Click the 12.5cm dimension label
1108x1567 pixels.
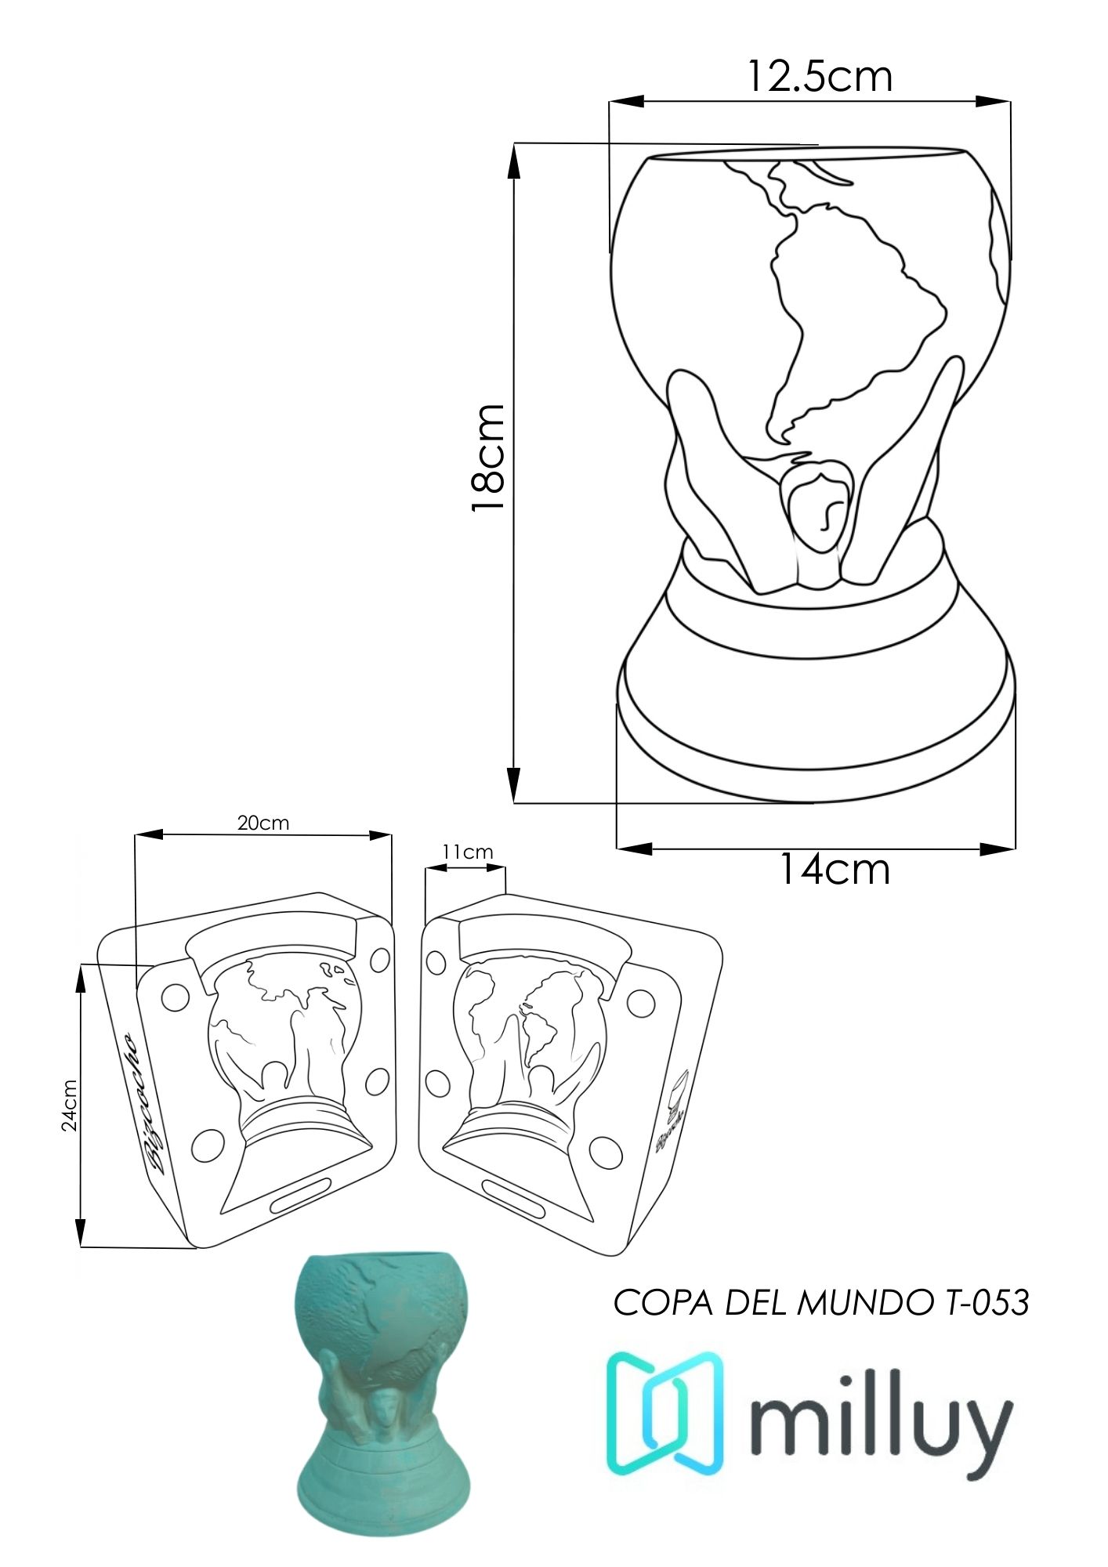[x=819, y=76]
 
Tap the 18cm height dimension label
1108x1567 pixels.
[x=487, y=458]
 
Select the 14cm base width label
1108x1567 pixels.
[x=835, y=869]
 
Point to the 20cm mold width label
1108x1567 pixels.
[x=263, y=823]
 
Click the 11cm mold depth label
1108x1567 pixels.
[x=468, y=852]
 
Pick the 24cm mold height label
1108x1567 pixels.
[x=70, y=1106]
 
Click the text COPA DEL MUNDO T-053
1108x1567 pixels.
[x=820, y=1303]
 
